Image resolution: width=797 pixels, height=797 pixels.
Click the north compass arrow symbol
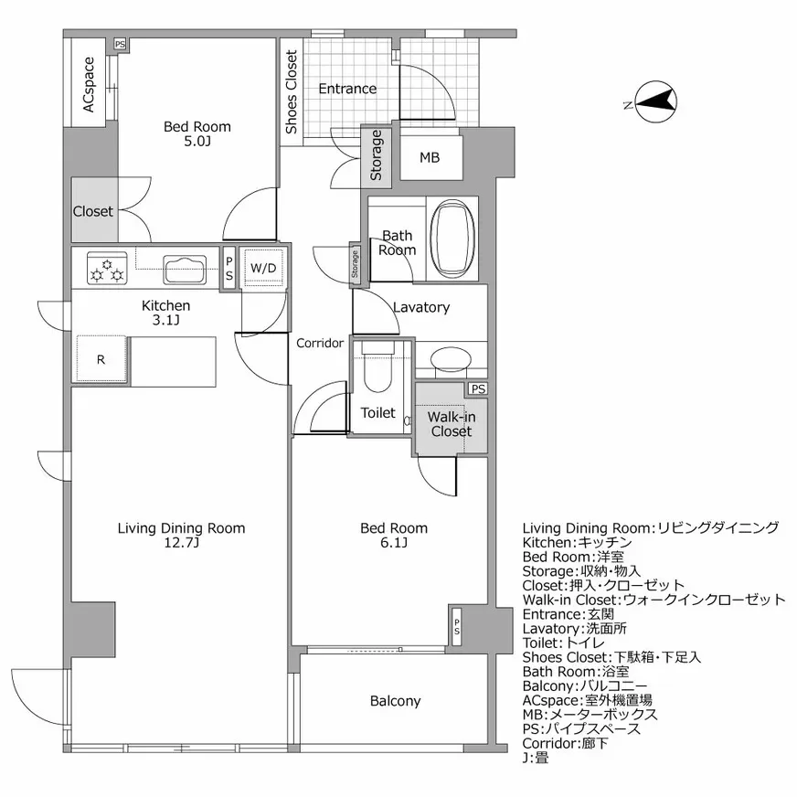655,103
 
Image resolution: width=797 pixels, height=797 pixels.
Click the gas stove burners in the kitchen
106,268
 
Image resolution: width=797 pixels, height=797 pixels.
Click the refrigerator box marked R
101,359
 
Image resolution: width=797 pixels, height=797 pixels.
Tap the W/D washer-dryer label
263,268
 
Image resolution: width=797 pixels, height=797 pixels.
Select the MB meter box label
430,158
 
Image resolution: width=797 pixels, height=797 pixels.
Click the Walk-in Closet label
451,424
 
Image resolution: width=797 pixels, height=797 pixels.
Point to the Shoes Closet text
291,93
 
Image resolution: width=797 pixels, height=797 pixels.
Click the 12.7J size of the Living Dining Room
181,543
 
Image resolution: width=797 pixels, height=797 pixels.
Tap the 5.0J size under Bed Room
197,142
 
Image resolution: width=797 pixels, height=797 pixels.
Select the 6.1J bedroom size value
393,543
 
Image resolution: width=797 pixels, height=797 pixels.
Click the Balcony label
396,701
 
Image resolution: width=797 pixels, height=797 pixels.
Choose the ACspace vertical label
89,86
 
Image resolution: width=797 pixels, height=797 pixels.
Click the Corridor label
320,344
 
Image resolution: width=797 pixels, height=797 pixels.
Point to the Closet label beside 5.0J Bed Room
93,211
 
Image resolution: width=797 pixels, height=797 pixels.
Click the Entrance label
347,89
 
